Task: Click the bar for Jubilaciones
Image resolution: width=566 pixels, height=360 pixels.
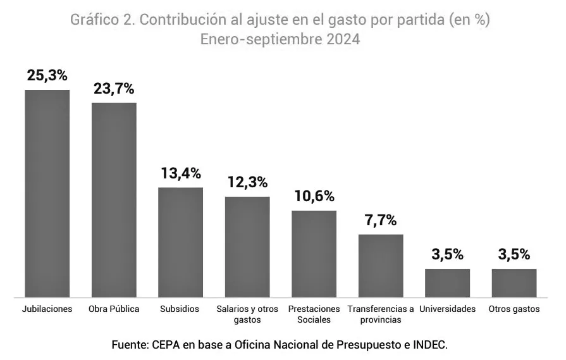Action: (47, 193)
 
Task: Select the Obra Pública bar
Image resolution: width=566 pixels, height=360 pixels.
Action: (114, 199)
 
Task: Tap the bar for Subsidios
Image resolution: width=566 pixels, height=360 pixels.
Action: (180, 242)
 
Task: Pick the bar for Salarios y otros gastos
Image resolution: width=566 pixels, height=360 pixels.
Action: (247, 246)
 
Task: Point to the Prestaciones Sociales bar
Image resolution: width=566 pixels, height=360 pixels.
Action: (314, 253)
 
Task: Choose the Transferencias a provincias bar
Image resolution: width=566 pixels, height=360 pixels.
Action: (381, 265)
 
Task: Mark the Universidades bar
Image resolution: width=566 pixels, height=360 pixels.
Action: (447, 282)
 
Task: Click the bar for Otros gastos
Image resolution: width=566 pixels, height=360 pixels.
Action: (514, 282)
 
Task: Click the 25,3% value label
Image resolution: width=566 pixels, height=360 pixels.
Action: (47, 75)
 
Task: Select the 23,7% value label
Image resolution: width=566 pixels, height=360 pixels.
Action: (114, 89)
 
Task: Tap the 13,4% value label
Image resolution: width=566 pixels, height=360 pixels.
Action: (180, 173)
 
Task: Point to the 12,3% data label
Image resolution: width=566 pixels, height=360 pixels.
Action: (247, 182)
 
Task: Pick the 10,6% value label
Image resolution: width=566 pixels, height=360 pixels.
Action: (314, 196)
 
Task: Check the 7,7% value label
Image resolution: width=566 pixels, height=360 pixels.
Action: (381, 220)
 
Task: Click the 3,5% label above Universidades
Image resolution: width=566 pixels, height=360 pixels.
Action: (447, 254)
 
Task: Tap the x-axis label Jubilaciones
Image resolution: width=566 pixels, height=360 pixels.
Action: (47, 309)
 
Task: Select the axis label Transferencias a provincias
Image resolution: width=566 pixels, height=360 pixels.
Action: (381, 314)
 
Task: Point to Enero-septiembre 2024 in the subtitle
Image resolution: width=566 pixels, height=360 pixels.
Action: (280, 39)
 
